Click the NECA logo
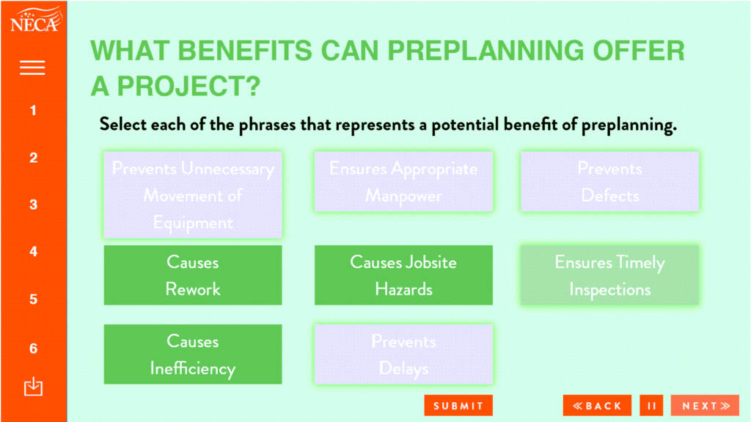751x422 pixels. [36, 20]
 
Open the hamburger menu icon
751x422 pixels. [32, 68]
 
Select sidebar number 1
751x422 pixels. [33, 111]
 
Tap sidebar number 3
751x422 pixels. [33, 205]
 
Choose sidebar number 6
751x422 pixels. [33, 348]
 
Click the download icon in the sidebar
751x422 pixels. [33, 387]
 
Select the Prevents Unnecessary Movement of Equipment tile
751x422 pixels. [193, 195]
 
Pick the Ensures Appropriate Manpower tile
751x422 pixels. [404, 182]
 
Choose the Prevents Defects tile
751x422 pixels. [609, 182]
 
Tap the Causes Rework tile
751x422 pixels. [193, 275]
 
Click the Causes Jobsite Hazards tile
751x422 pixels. [404, 275]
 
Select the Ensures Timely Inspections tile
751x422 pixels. [609, 275]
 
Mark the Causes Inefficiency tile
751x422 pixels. [193, 354]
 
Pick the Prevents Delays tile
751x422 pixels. [404, 354]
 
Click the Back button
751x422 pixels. [597, 406]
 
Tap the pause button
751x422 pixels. [651, 406]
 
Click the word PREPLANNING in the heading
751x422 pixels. [486, 51]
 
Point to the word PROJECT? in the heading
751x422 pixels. [188, 87]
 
